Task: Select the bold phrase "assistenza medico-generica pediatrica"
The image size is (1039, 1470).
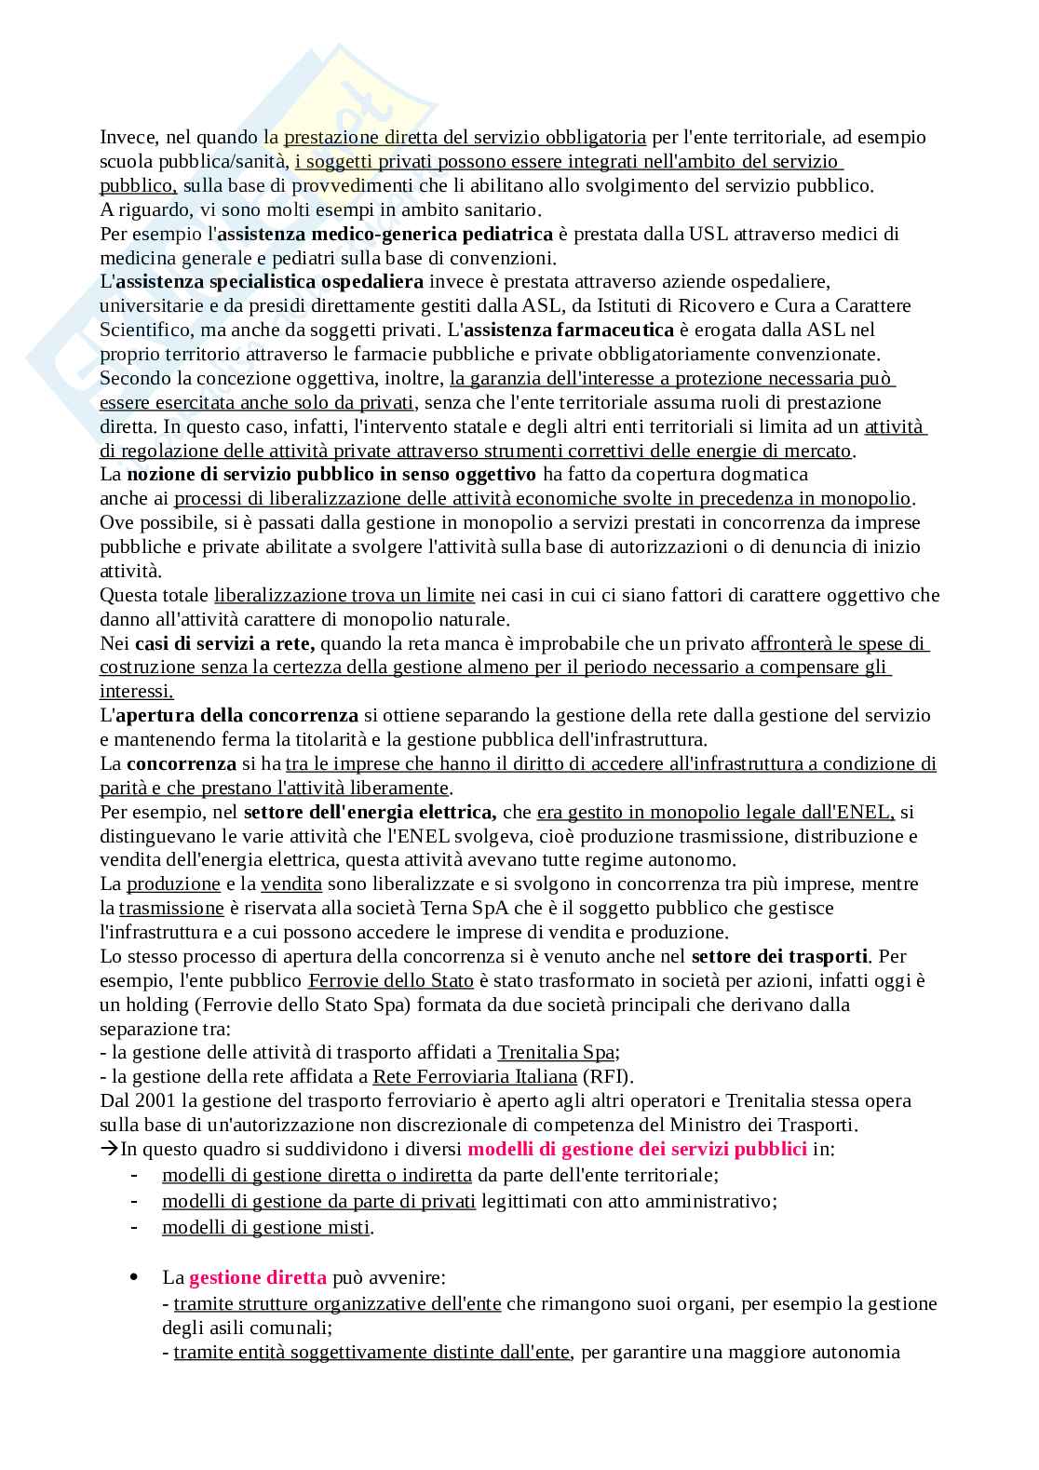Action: pos(385,234)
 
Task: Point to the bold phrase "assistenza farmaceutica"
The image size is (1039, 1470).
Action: pos(569,330)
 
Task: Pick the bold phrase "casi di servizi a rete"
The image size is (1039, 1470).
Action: pos(224,643)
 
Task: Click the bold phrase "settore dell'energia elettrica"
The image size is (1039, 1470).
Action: pos(370,813)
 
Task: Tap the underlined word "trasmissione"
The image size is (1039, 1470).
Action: pos(171,908)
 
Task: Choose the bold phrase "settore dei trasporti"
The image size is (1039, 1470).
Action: pos(780,956)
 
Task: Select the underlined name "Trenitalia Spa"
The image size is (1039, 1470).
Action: pos(556,1053)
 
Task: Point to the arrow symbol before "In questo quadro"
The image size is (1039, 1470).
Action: pos(109,1150)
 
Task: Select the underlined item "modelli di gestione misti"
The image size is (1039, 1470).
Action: pos(265,1228)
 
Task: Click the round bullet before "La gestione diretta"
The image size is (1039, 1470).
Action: pos(137,1276)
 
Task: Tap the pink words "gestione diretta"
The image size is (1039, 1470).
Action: pos(258,1278)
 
